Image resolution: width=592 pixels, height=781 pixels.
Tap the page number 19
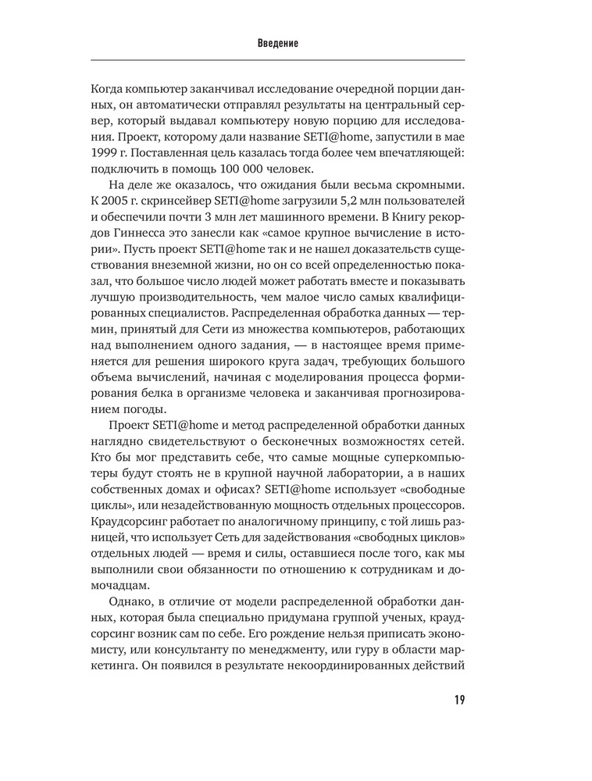(x=458, y=698)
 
